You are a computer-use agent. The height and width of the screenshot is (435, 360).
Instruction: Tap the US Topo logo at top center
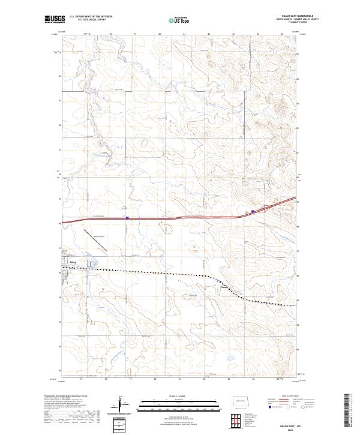coord(172,20)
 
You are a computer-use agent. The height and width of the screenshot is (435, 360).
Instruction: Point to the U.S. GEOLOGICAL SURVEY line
coord(91,20)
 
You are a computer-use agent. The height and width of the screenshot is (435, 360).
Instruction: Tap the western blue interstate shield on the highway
coord(127,218)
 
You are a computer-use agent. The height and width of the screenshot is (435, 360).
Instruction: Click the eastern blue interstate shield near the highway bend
coord(253,211)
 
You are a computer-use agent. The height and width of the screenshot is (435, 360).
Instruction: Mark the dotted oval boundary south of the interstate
coord(164,227)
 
